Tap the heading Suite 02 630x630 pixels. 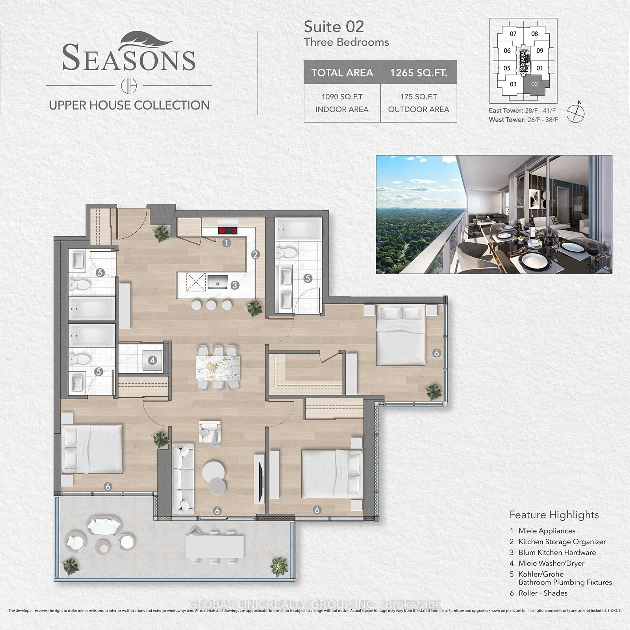click(334, 27)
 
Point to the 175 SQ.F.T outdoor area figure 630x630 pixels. click(419, 97)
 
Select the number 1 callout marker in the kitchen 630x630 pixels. click(227, 243)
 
